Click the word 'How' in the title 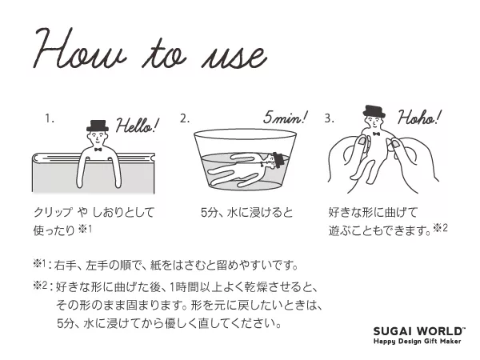pos(80,49)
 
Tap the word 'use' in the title pos(234,58)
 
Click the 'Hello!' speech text pos(138,125)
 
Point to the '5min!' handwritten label pos(286,118)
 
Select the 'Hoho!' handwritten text pos(419,118)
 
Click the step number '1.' pos(50,118)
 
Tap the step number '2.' pos(185,118)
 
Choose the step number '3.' pos(330,118)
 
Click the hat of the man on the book pos(98,126)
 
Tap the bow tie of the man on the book pos(98,150)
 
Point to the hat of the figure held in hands pos(374,111)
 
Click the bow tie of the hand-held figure pos(377,134)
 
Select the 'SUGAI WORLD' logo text pos(419,331)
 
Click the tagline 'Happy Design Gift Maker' pos(418,341)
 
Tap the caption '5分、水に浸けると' pos(246,212)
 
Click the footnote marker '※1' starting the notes pos(39,263)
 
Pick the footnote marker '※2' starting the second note pos(40,286)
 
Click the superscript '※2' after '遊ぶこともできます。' pos(441,228)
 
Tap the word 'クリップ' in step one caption pos(54,212)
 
